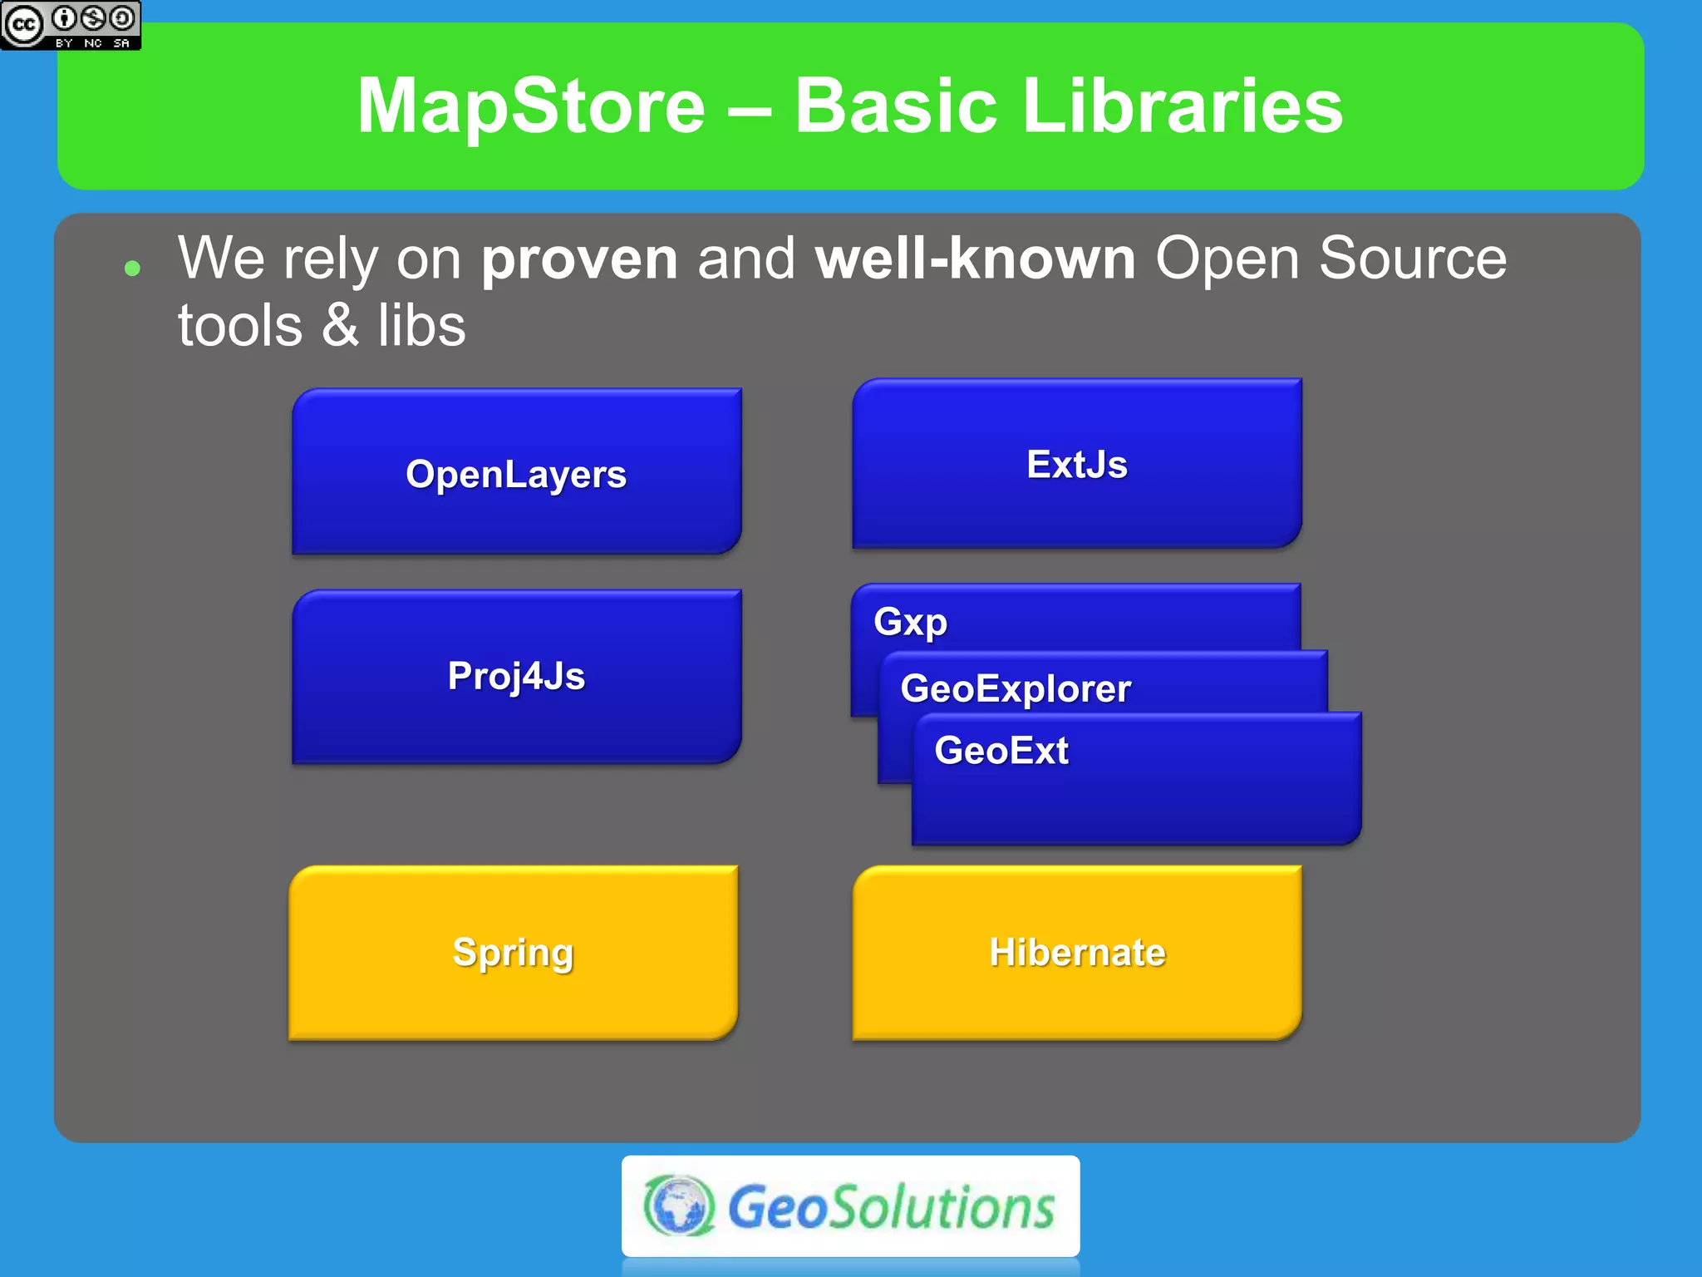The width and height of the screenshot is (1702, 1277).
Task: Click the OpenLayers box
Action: tap(516, 474)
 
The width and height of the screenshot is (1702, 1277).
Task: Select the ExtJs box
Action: tap(1076, 464)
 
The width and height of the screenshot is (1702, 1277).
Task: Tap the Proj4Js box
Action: tap(516, 675)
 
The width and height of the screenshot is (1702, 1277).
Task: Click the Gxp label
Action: tap(910, 622)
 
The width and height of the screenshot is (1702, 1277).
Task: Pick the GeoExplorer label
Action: tap(1016, 688)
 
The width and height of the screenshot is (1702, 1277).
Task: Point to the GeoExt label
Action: tap(1001, 751)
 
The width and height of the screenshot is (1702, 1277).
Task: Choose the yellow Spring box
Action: tap(513, 953)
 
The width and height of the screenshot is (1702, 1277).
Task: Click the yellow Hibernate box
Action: tap(1076, 953)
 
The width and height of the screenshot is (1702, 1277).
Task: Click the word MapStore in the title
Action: tap(531, 106)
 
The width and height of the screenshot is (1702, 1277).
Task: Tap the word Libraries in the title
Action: tap(1182, 106)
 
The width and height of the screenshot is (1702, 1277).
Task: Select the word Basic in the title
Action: tap(895, 106)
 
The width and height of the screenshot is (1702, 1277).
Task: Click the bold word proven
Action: tap(579, 259)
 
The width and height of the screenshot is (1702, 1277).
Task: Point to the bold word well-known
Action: tap(975, 259)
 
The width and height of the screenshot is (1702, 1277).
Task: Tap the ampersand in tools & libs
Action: tap(340, 326)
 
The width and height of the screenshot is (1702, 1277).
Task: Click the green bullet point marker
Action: tap(131, 268)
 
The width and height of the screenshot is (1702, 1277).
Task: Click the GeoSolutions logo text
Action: tap(891, 1208)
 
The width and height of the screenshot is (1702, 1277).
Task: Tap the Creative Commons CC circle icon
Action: tap(23, 25)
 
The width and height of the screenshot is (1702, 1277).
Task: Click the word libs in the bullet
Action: tap(421, 326)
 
